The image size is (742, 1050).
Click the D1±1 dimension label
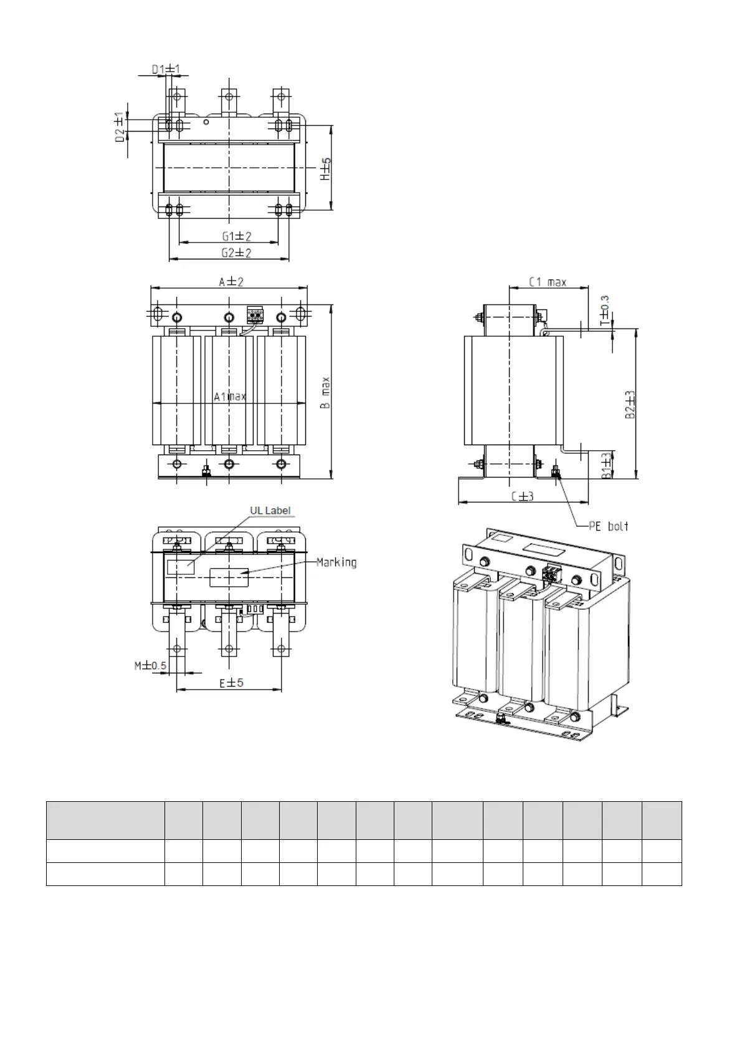tap(166, 69)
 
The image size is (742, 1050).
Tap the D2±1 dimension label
tap(120, 126)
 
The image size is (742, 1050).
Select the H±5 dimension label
tap(326, 169)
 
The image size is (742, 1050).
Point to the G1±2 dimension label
tap(237, 236)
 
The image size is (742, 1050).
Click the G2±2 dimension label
tap(237, 253)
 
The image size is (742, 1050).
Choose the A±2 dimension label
tap(231, 282)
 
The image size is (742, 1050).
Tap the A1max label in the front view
tap(230, 397)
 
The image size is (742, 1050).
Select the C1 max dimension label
tap(548, 282)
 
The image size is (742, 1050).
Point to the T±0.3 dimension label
tap(604, 310)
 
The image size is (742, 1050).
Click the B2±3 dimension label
tap(630, 405)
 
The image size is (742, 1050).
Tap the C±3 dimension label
tap(522, 496)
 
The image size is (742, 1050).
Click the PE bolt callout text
tap(609, 526)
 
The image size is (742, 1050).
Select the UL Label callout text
tap(270, 511)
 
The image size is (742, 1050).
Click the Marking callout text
tap(336, 562)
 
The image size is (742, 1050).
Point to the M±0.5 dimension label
tap(151, 666)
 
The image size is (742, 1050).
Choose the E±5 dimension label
tap(231, 683)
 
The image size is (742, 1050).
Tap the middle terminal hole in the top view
tap(229, 97)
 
